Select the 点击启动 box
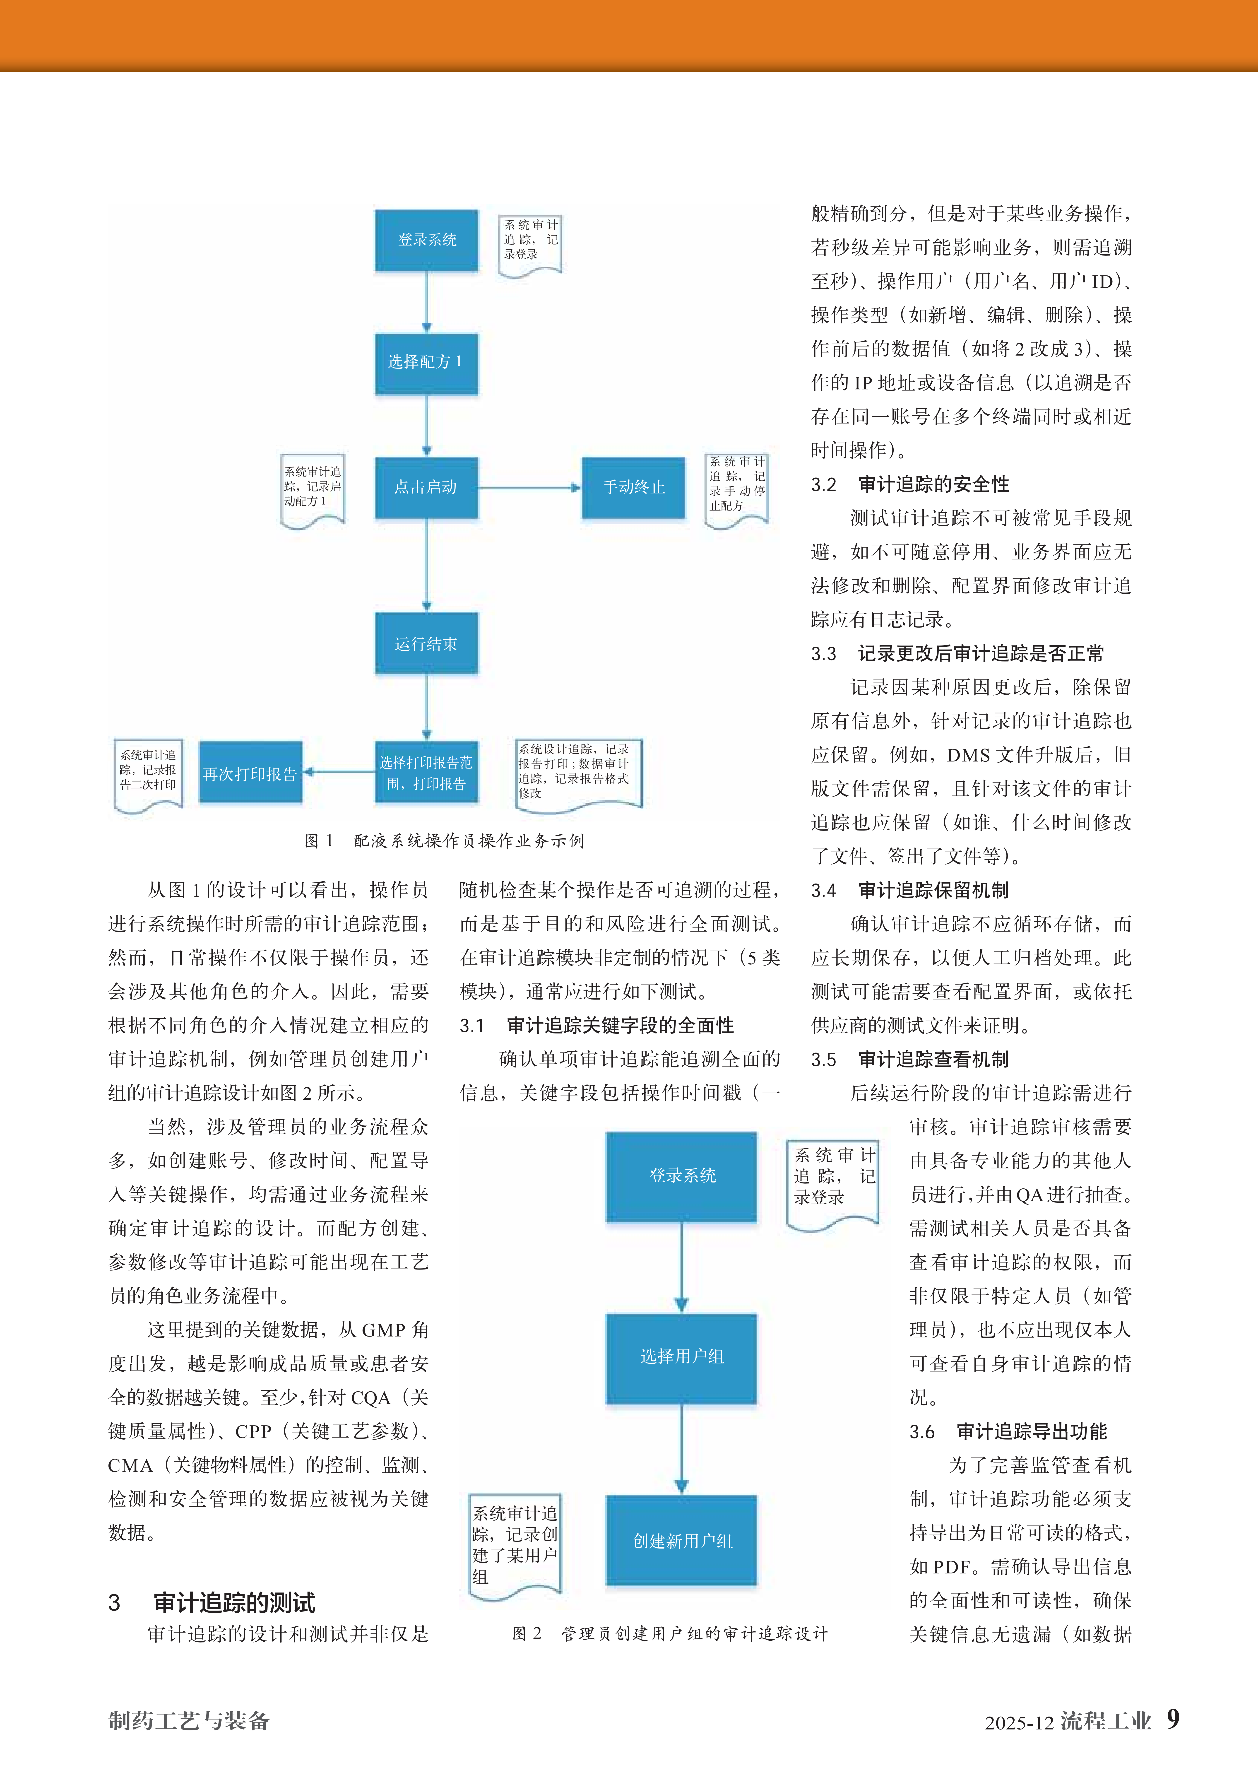(426, 487)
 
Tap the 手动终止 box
(633, 487)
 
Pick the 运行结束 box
(426, 643)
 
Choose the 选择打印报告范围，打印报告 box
(426, 773)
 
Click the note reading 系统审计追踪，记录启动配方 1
(312, 488)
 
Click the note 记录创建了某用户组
(515, 1544)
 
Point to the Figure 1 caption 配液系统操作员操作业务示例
(445, 840)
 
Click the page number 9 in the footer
(1173, 1719)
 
